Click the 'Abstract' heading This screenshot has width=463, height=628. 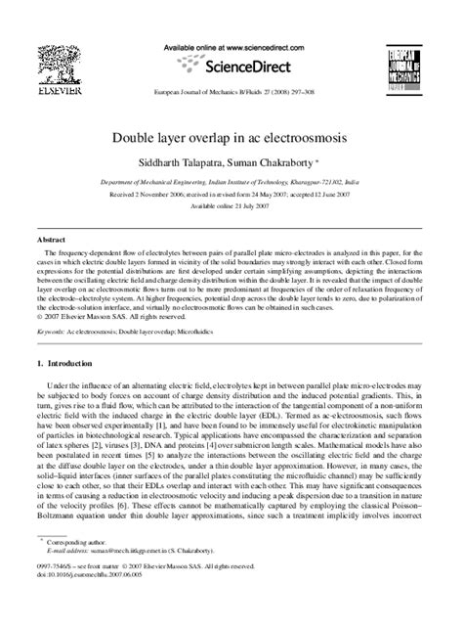pos(51,239)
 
